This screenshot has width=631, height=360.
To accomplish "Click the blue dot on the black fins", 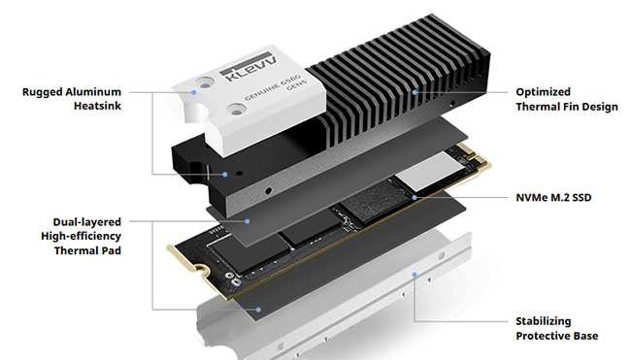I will [x=414, y=93].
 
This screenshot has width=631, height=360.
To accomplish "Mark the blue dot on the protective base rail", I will [x=415, y=275].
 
